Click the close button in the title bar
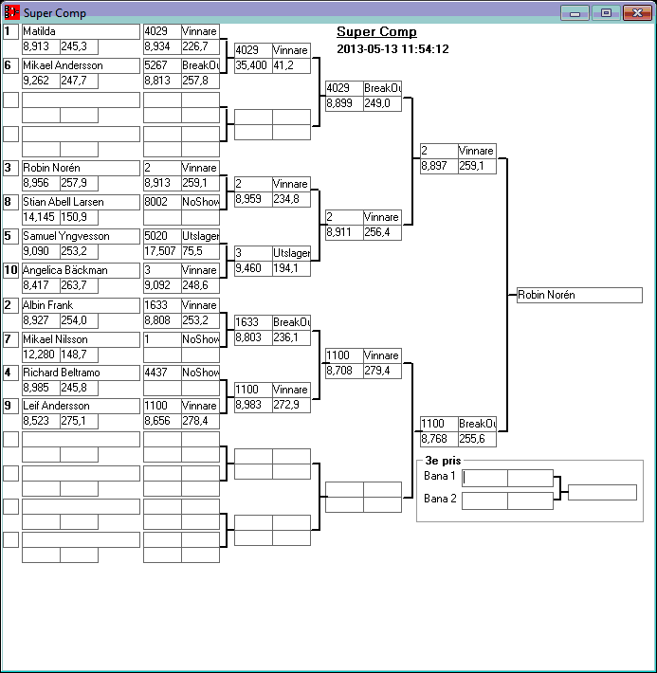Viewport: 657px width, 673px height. [x=634, y=13]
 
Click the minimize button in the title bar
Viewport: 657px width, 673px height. [x=575, y=13]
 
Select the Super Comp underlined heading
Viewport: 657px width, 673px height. [x=376, y=31]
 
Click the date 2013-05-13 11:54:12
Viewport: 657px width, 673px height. [x=392, y=49]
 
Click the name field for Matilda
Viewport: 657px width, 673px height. [x=81, y=31]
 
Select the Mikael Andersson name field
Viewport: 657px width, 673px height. [x=81, y=65]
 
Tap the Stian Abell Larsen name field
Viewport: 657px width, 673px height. [x=81, y=202]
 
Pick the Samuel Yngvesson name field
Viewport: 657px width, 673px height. [x=81, y=236]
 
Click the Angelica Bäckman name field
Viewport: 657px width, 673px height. [x=81, y=270]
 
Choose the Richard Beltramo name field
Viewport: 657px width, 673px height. [x=81, y=373]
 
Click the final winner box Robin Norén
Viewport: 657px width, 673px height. [x=579, y=295]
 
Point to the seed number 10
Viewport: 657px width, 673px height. [x=10, y=270]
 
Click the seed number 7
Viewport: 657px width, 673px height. [x=10, y=338]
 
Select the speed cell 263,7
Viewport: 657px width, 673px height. [x=79, y=285]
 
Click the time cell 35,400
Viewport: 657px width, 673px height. [x=252, y=65]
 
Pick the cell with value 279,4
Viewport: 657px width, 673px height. [x=382, y=371]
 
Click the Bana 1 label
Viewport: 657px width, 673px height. [x=440, y=476]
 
